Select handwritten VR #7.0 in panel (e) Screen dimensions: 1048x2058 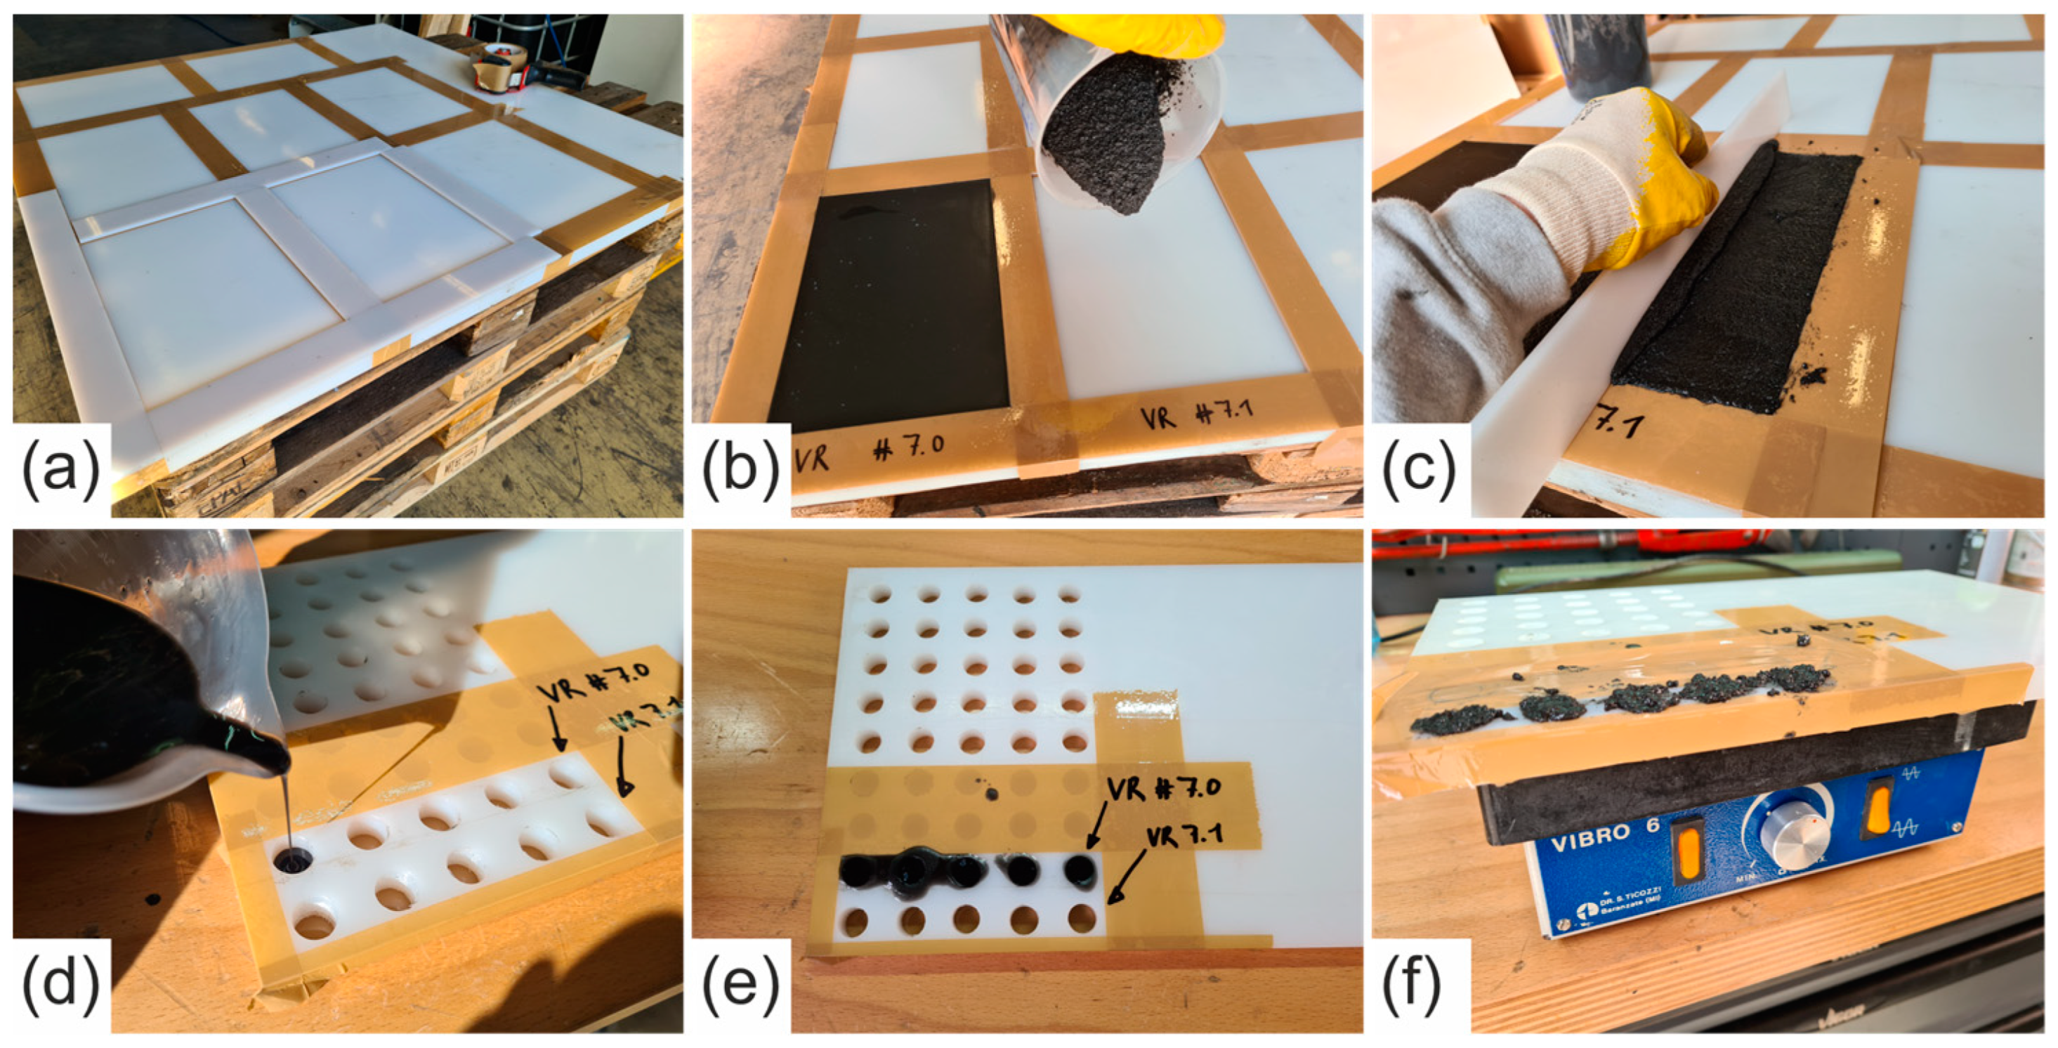(1163, 788)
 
